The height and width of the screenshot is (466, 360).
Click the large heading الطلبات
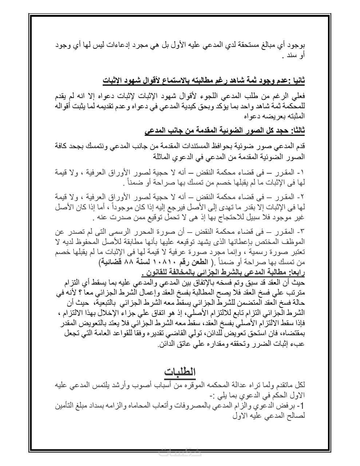click(x=180, y=372)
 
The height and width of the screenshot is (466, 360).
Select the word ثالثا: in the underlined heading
click(x=296, y=130)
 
